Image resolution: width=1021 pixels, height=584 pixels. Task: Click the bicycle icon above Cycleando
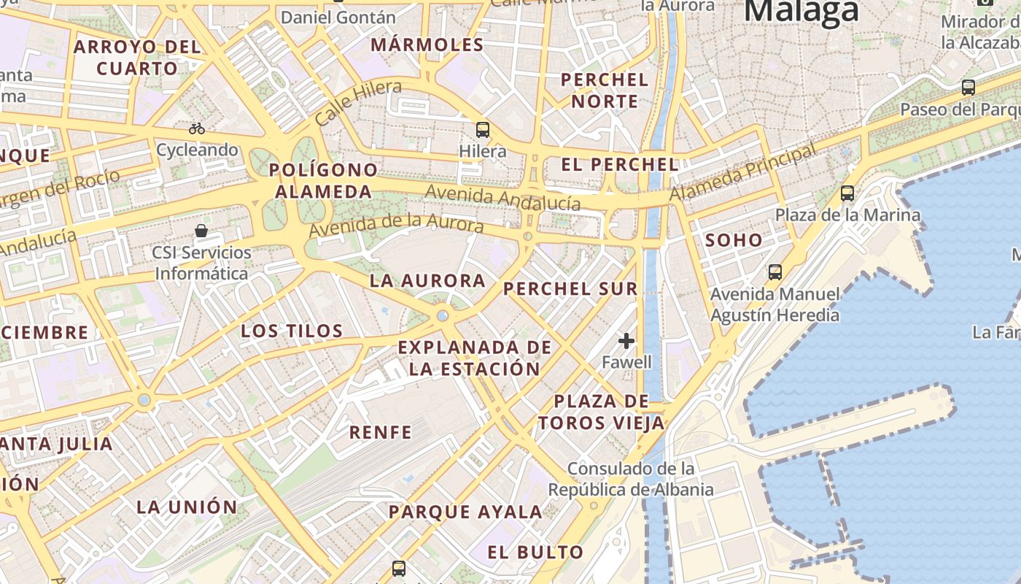pos(197,128)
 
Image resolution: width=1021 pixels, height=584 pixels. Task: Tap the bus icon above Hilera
pos(482,130)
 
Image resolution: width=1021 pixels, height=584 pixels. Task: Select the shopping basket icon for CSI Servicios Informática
pos(201,231)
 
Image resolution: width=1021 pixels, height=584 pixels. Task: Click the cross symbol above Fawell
pos(626,340)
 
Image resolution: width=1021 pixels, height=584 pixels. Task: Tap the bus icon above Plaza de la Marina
pos(847,193)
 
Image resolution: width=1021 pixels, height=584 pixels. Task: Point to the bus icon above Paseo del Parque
pos(968,88)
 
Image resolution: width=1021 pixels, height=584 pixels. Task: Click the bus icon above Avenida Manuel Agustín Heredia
pos(775,272)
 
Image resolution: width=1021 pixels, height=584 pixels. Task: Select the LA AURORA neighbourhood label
pos(427,280)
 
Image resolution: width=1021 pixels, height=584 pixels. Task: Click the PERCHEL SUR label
pos(570,288)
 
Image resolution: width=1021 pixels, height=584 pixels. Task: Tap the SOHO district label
pos(733,240)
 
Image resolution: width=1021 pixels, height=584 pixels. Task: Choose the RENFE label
pos(380,432)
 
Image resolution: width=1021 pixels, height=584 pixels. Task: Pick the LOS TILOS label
pos(292,331)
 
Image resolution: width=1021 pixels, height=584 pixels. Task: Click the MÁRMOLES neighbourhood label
pos(427,45)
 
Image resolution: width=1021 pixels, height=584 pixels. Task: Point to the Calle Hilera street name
pos(359,102)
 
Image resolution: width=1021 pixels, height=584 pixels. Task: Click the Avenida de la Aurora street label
pos(396,225)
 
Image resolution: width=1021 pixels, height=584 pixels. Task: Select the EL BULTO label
pos(535,552)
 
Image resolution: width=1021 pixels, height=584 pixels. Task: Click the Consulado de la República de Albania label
pos(631,479)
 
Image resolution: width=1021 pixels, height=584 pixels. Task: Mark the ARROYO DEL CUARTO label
pos(137,58)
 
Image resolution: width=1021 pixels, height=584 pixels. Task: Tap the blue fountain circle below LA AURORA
pos(442,315)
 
